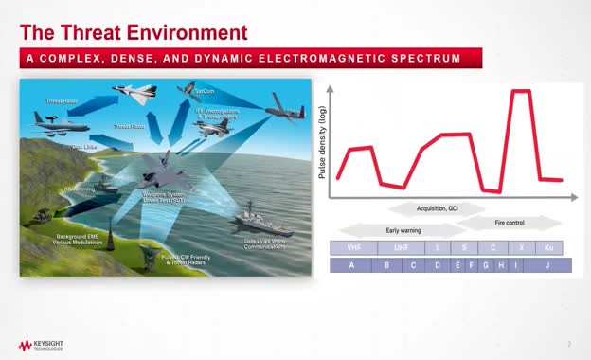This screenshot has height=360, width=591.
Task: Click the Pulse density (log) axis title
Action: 322,143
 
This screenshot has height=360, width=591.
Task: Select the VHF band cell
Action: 353,248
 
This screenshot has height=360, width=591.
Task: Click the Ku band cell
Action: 548,248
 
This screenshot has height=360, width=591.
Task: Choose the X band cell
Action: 521,248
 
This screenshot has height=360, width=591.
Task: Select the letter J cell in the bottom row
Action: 547,265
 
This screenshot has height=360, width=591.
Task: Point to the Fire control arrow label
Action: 509,223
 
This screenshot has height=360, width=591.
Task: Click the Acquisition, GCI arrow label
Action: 437,207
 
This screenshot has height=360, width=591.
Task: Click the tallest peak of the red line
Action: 519,92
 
